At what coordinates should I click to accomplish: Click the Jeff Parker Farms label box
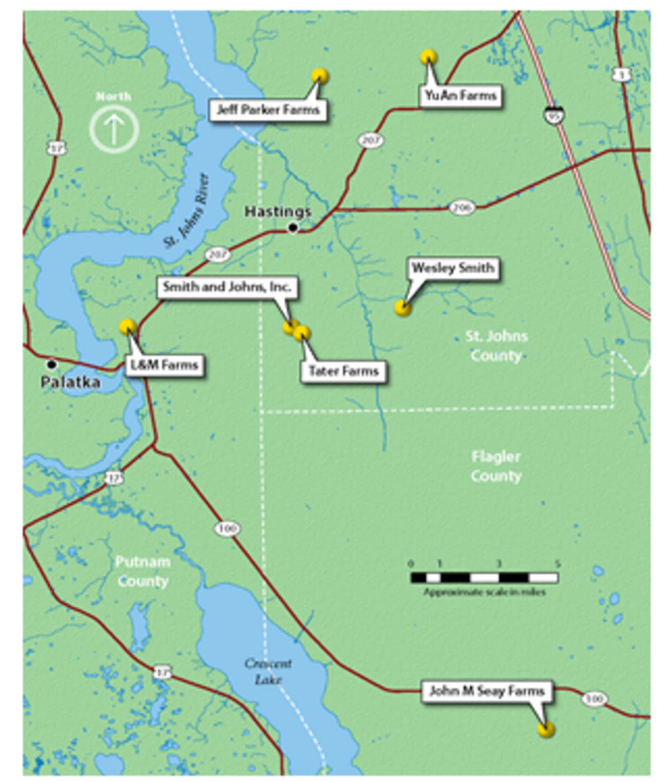click(268, 110)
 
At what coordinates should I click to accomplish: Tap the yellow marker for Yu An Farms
click(428, 58)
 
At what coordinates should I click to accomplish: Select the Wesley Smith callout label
click(453, 268)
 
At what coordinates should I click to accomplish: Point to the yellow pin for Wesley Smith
click(403, 308)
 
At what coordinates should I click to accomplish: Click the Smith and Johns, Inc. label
click(227, 287)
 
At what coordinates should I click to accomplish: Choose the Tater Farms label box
click(344, 371)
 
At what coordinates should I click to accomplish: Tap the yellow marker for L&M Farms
click(127, 326)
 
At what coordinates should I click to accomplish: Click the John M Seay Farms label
click(486, 691)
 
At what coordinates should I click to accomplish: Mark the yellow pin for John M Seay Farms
click(545, 729)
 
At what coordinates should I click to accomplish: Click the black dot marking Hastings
click(293, 227)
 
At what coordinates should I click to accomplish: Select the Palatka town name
click(71, 382)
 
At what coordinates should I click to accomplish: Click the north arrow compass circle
click(114, 128)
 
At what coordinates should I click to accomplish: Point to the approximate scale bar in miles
click(484, 578)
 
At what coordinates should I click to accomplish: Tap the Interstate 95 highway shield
click(554, 115)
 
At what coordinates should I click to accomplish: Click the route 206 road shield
click(462, 208)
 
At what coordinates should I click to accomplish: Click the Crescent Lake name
click(268, 671)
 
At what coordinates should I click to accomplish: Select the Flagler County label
click(496, 466)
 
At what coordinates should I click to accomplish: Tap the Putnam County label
click(143, 571)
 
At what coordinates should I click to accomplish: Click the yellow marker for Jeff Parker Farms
click(319, 76)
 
